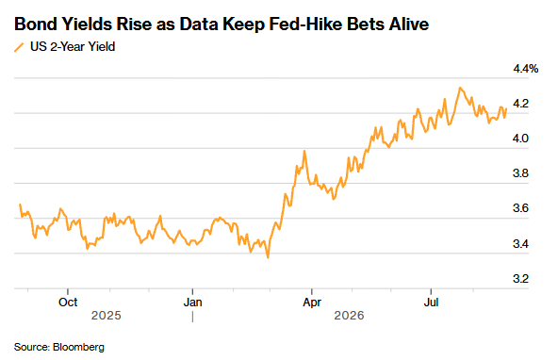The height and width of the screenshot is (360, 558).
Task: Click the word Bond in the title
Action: click(36, 25)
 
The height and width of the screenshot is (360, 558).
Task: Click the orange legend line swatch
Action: click(19, 47)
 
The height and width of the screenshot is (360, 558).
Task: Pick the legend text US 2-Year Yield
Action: click(73, 46)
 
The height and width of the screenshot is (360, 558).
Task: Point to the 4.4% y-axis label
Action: click(525, 69)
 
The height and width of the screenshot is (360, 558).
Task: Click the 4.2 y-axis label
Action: click(520, 104)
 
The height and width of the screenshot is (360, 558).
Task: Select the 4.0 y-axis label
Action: click(520, 139)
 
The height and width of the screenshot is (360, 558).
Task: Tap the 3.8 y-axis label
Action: click(520, 173)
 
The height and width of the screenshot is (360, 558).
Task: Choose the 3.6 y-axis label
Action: click(520, 208)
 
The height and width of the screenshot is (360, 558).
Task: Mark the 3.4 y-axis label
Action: click(520, 244)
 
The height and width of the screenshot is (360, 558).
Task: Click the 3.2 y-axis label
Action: click(520, 279)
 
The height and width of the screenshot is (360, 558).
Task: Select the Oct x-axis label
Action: click(68, 303)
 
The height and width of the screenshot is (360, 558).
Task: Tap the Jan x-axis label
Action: click(192, 303)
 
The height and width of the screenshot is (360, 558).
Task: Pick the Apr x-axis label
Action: click(312, 303)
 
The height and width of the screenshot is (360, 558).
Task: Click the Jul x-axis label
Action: click(431, 303)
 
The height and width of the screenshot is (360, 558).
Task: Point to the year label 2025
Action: click(107, 316)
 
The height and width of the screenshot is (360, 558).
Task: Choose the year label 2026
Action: click(349, 316)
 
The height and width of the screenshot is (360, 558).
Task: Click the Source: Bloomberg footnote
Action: click(59, 347)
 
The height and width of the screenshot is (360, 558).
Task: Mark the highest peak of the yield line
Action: click(460, 88)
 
